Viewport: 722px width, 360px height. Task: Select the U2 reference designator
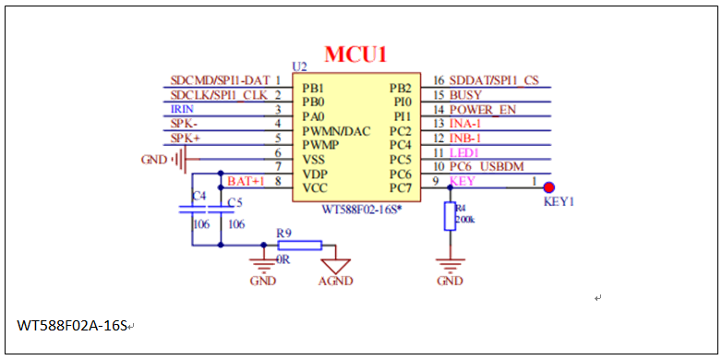pyautogui.click(x=298, y=66)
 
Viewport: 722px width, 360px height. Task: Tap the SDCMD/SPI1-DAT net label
pyautogui.click(x=221, y=80)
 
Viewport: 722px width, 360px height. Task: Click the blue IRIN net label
pyautogui.click(x=182, y=109)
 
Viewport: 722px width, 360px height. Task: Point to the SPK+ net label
pyautogui.click(x=185, y=138)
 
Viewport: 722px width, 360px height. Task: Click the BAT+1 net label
pyautogui.click(x=246, y=181)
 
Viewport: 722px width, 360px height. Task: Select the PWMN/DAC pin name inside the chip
pyautogui.click(x=336, y=131)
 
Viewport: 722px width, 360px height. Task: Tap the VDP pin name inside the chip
pyautogui.click(x=314, y=174)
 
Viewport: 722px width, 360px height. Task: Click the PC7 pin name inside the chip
pyautogui.click(x=399, y=188)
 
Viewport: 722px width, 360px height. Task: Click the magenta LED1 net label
pyautogui.click(x=463, y=151)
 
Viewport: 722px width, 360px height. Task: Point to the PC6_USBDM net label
pyautogui.click(x=487, y=166)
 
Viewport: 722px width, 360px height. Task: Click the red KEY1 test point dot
pyautogui.click(x=548, y=187)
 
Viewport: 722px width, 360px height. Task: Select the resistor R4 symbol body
pyautogui.click(x=450, y=217)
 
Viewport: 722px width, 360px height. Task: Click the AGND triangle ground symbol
pyautogui.click(x=336, y=264)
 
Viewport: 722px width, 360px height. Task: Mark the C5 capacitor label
pyautogui.click(x=234, y=201)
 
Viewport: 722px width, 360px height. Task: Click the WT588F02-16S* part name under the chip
pyautogui.click(x=359, y=210)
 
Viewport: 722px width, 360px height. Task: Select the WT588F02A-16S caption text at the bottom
pyautogui.click(x=72, y=326)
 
